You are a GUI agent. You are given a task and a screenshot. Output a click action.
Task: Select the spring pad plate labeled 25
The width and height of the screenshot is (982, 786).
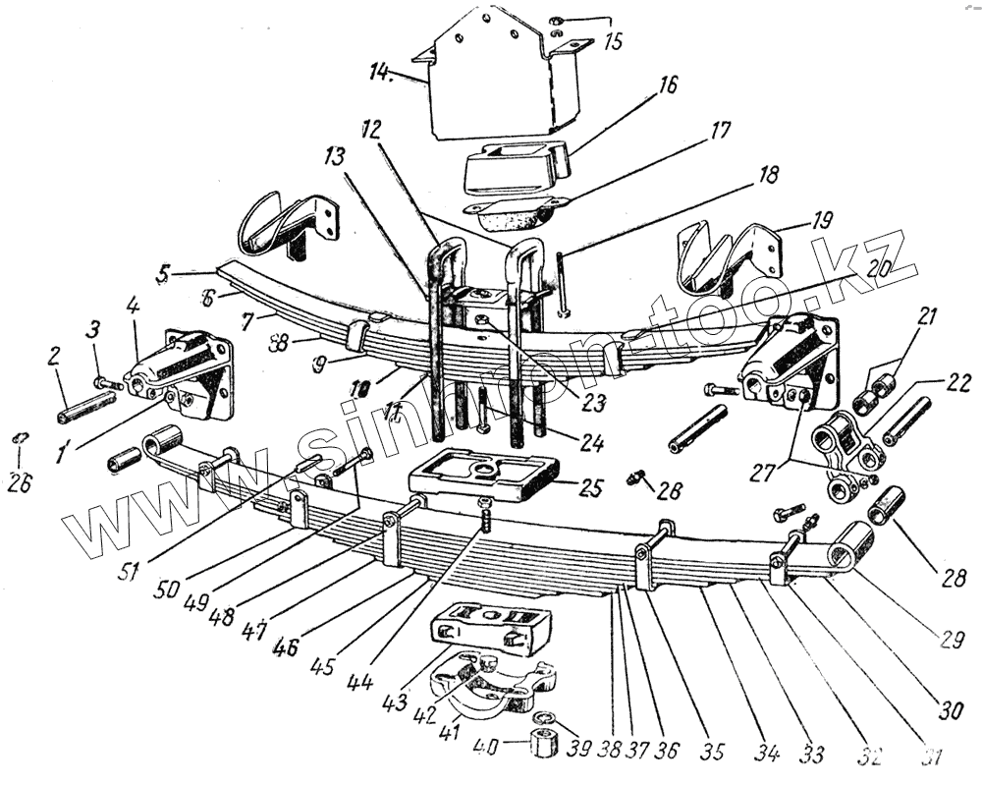coord(481,477)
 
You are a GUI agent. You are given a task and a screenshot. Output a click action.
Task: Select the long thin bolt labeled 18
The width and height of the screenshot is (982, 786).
coord(559,286)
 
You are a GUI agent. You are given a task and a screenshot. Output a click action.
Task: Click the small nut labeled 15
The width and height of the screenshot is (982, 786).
coord(556,21)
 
